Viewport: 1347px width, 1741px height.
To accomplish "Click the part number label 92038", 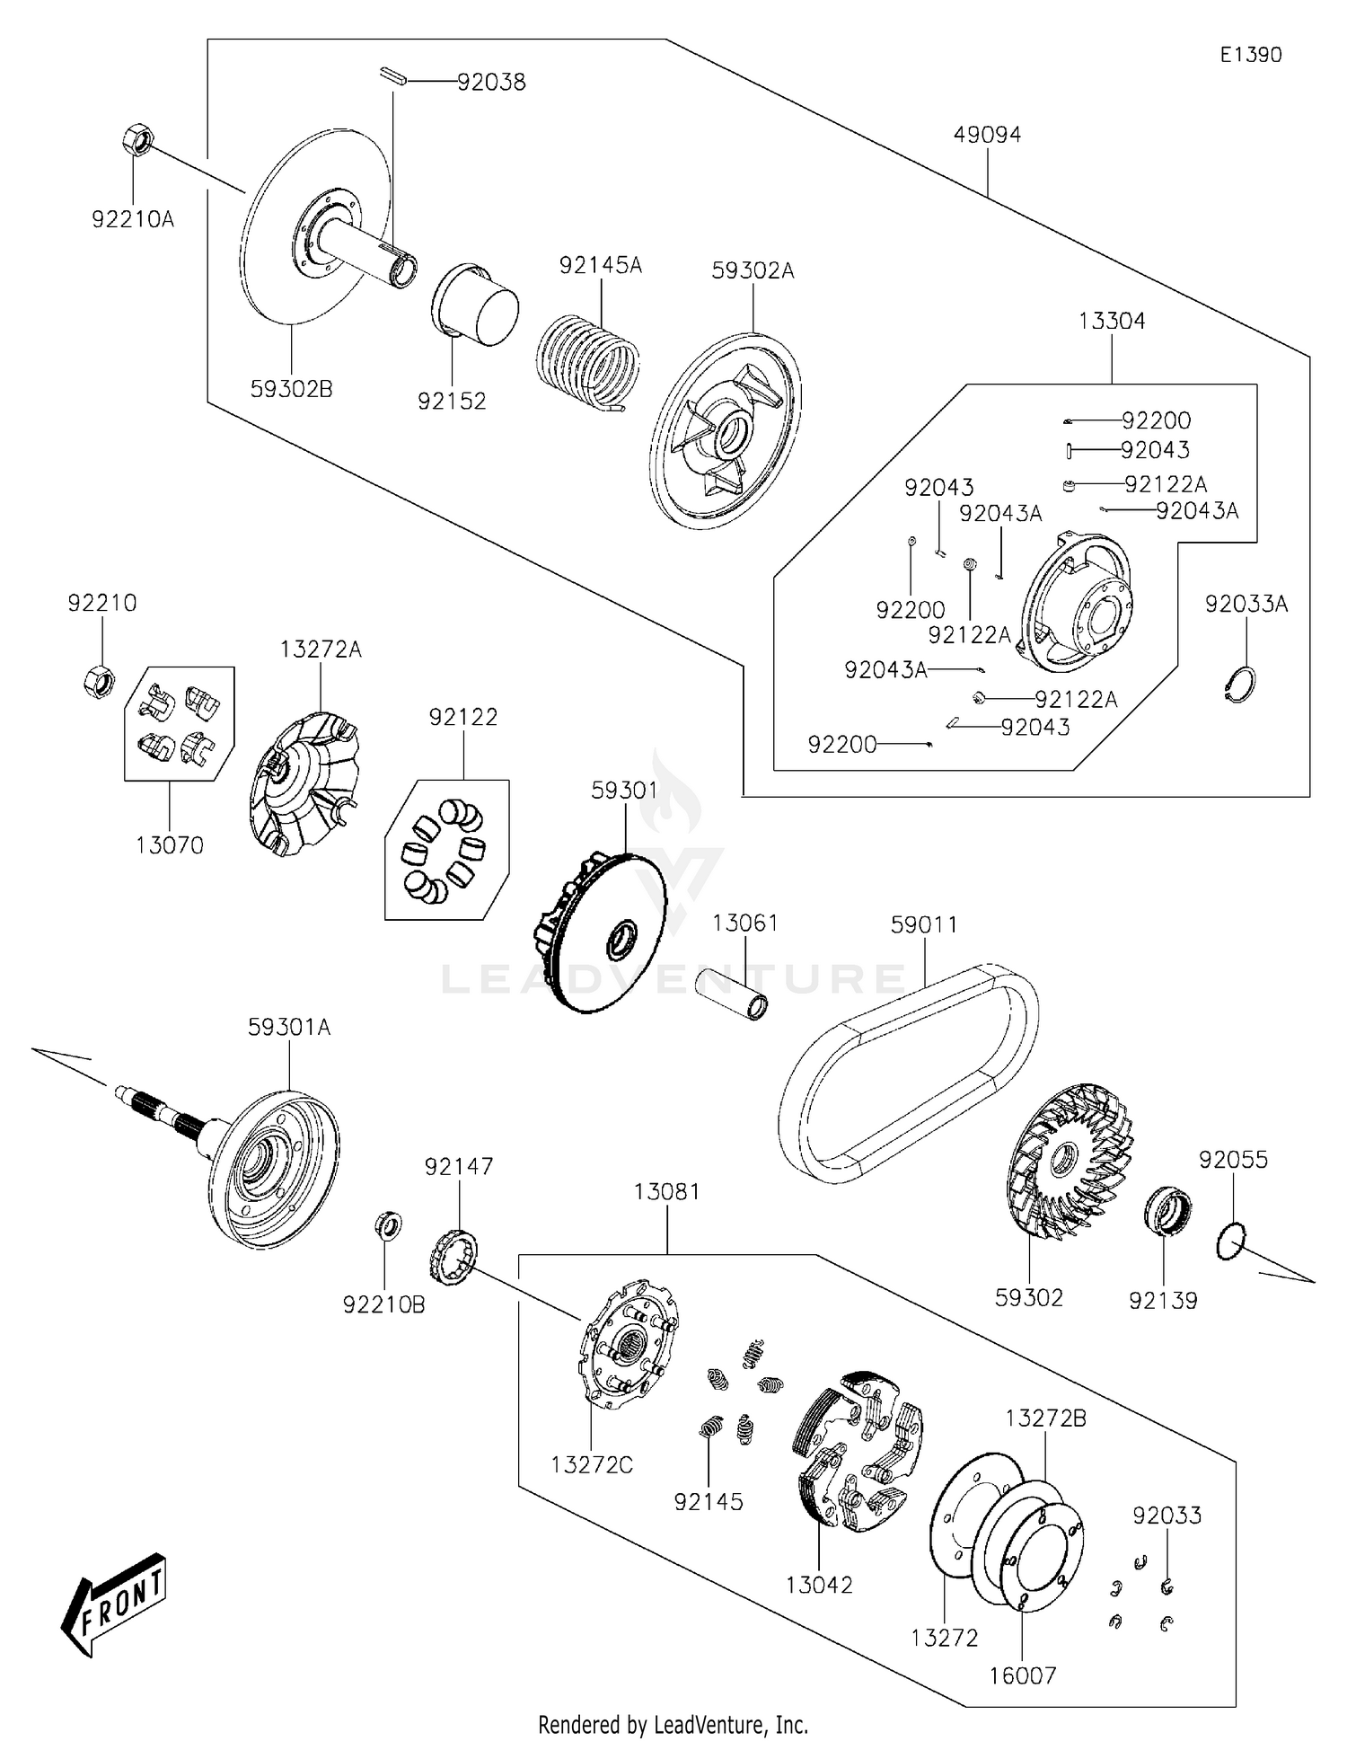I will coord(491,82).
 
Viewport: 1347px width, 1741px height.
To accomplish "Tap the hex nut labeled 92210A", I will coord(136,142).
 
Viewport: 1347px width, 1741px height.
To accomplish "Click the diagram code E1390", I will coord(1250,55).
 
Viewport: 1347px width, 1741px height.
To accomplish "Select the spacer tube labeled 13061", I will coord(732,994).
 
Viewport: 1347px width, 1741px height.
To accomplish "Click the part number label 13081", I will coord(666,1191).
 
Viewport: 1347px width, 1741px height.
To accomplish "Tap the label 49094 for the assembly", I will coord(987,135).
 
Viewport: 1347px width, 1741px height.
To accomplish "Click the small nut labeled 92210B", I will coord(388,1225).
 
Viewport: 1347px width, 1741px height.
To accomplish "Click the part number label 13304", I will coord(1112,321).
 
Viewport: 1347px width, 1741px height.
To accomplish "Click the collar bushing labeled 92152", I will coord(476,305).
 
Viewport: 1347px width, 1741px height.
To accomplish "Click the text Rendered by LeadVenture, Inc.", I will coord(673,1724).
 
